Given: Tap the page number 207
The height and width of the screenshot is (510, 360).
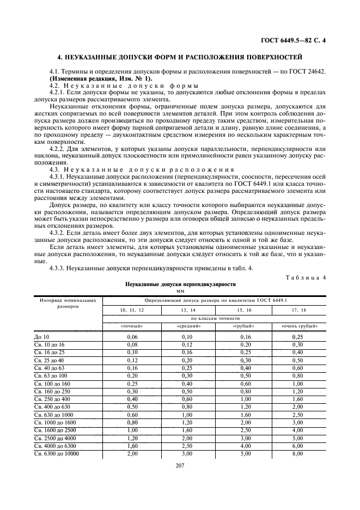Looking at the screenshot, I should [180, 466].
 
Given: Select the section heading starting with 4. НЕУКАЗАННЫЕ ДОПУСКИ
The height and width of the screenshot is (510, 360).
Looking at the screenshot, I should [180, 57].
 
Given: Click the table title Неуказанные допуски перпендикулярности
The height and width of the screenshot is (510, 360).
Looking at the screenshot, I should [180, 284].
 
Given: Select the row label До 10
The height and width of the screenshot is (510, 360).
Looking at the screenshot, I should [41, 337].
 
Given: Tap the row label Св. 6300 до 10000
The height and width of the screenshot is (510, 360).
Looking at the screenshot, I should [56, 453].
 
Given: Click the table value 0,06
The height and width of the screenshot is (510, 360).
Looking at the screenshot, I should [132, 337].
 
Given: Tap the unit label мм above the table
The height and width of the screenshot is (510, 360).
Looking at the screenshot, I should [180, 291].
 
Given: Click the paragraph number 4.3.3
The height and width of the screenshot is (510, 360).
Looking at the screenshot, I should [58, 268].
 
